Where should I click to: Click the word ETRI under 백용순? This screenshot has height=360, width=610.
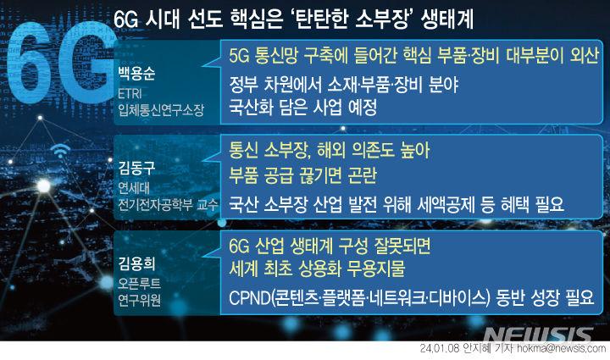[x=133, y=94]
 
